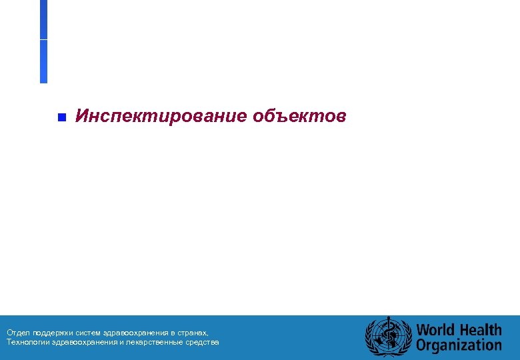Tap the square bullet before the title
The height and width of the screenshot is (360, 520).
[x=61, y=118]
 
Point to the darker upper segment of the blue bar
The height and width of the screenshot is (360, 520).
[x=43, y=19]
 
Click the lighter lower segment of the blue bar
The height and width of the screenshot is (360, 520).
[x=43, y=61]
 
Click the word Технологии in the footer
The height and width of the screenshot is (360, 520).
[x=25, y=342]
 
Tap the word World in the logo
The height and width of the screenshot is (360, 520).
[x=436, y=330]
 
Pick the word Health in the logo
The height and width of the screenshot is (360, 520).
[x=479, y=330]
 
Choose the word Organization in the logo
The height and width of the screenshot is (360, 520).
[x=459, y=345]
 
